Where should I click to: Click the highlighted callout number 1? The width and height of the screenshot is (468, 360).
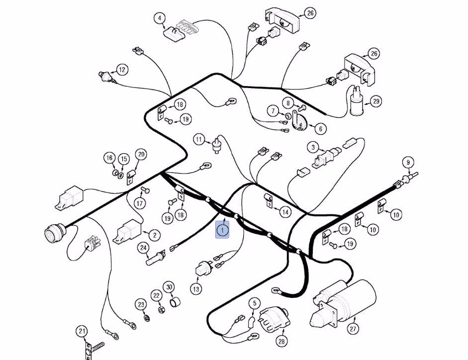pos(222,230)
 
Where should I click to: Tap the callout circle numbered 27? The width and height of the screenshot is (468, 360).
pos(353,329)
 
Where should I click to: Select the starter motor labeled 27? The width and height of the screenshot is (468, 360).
pos(343,304)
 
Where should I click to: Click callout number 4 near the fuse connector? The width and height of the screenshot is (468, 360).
pos(160,18)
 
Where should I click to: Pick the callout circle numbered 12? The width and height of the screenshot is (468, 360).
pos(122,70)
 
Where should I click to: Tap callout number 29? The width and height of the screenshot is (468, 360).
pos(376,101)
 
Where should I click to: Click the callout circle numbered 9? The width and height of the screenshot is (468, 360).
pos(408,163)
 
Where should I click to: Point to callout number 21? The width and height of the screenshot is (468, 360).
pos(82,331)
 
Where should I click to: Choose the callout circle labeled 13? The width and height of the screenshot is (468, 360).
pos(196,289)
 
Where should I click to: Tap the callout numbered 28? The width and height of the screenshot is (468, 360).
pos(281,341)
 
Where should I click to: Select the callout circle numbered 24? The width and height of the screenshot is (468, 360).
pos(144,248)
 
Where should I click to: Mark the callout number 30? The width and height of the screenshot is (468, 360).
pos(169,287)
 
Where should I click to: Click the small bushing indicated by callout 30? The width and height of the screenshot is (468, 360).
pos(175,302)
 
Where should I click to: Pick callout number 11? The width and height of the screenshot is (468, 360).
pos(199,139)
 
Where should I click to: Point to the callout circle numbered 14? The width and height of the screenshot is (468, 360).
pos(285,212)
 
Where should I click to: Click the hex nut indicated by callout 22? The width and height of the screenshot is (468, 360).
pos(161,310)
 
